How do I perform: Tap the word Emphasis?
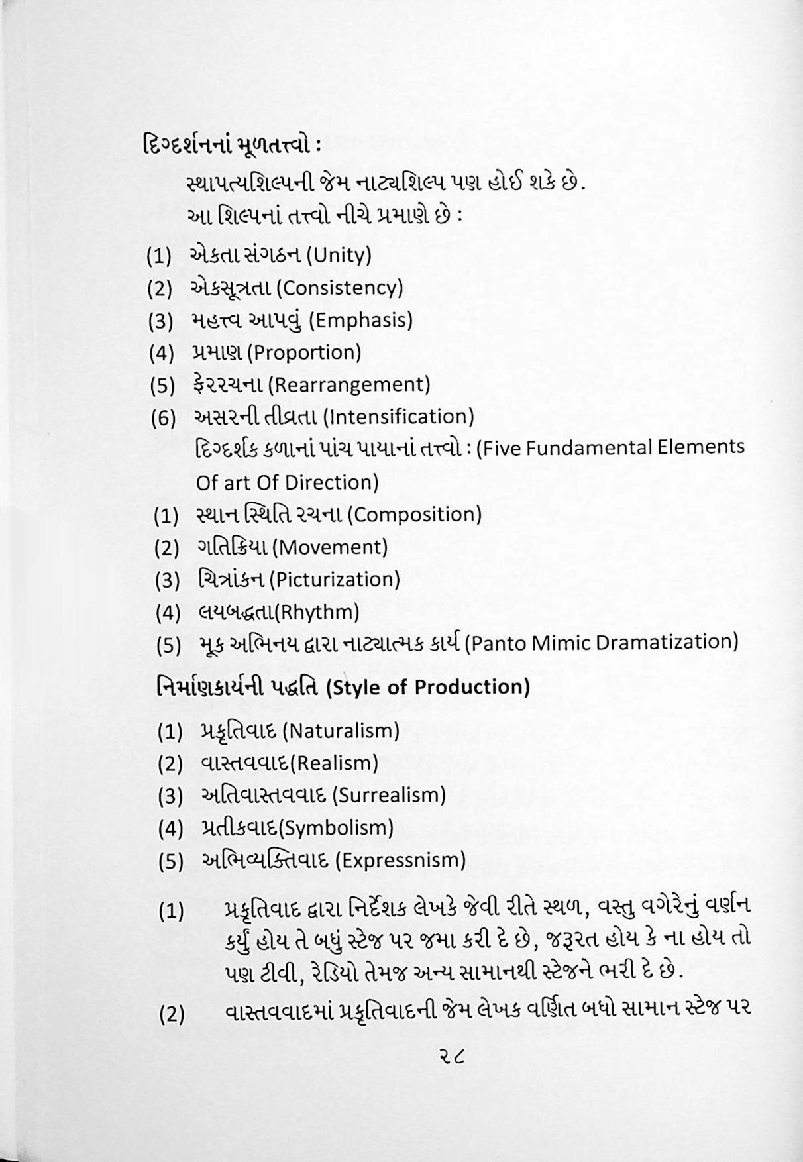point(361,321)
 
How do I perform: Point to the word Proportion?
point(305,352)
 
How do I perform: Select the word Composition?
point(414,515)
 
